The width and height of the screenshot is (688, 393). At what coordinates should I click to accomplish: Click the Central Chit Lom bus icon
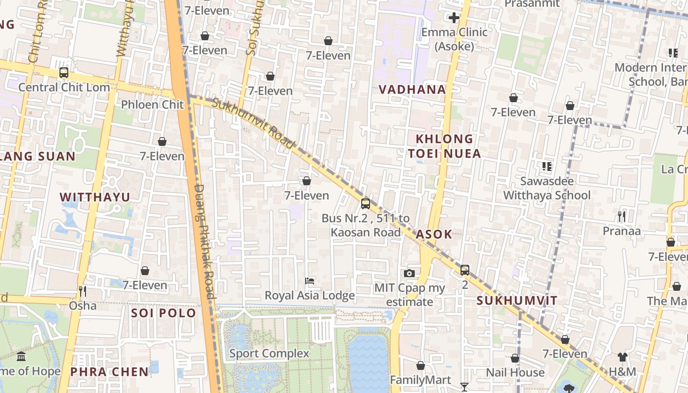tap(63, 73)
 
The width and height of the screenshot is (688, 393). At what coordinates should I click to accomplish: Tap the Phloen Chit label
tap(152, 104)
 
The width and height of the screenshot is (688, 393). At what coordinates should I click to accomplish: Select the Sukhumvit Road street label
tap(254, 123)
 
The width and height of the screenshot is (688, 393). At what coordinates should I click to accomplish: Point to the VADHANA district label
tap(412, 89)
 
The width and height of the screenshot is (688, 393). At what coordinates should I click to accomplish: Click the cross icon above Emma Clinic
tap(454, 18)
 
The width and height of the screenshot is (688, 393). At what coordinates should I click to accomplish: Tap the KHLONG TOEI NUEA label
tap(444, 146)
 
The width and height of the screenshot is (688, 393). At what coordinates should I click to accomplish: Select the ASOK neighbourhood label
tap(433, 234)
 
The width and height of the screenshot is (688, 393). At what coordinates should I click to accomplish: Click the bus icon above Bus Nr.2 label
tap(365, 203)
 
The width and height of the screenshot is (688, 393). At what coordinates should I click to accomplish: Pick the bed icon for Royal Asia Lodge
tap(310, 281)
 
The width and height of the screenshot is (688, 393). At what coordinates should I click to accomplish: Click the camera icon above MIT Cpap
tap(409, 274)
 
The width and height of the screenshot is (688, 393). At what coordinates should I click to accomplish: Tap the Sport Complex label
tap(269, 353)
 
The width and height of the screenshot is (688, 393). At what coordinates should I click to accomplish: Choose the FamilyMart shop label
tap(420, 380)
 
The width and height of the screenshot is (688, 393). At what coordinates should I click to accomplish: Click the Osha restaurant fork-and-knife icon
tap(83, 291)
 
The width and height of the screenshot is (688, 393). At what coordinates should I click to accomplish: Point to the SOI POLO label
tap(164, 313)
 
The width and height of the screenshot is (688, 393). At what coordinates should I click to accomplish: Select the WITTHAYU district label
tap(95, 197)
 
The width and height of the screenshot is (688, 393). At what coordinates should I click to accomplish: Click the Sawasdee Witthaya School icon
tap(546, 167)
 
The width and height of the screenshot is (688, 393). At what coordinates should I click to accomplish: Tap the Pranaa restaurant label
tap(622, 231)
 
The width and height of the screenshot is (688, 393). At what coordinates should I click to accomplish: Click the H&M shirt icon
tap(623, 357)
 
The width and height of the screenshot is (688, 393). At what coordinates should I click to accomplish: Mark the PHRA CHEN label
tap(109, 372)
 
